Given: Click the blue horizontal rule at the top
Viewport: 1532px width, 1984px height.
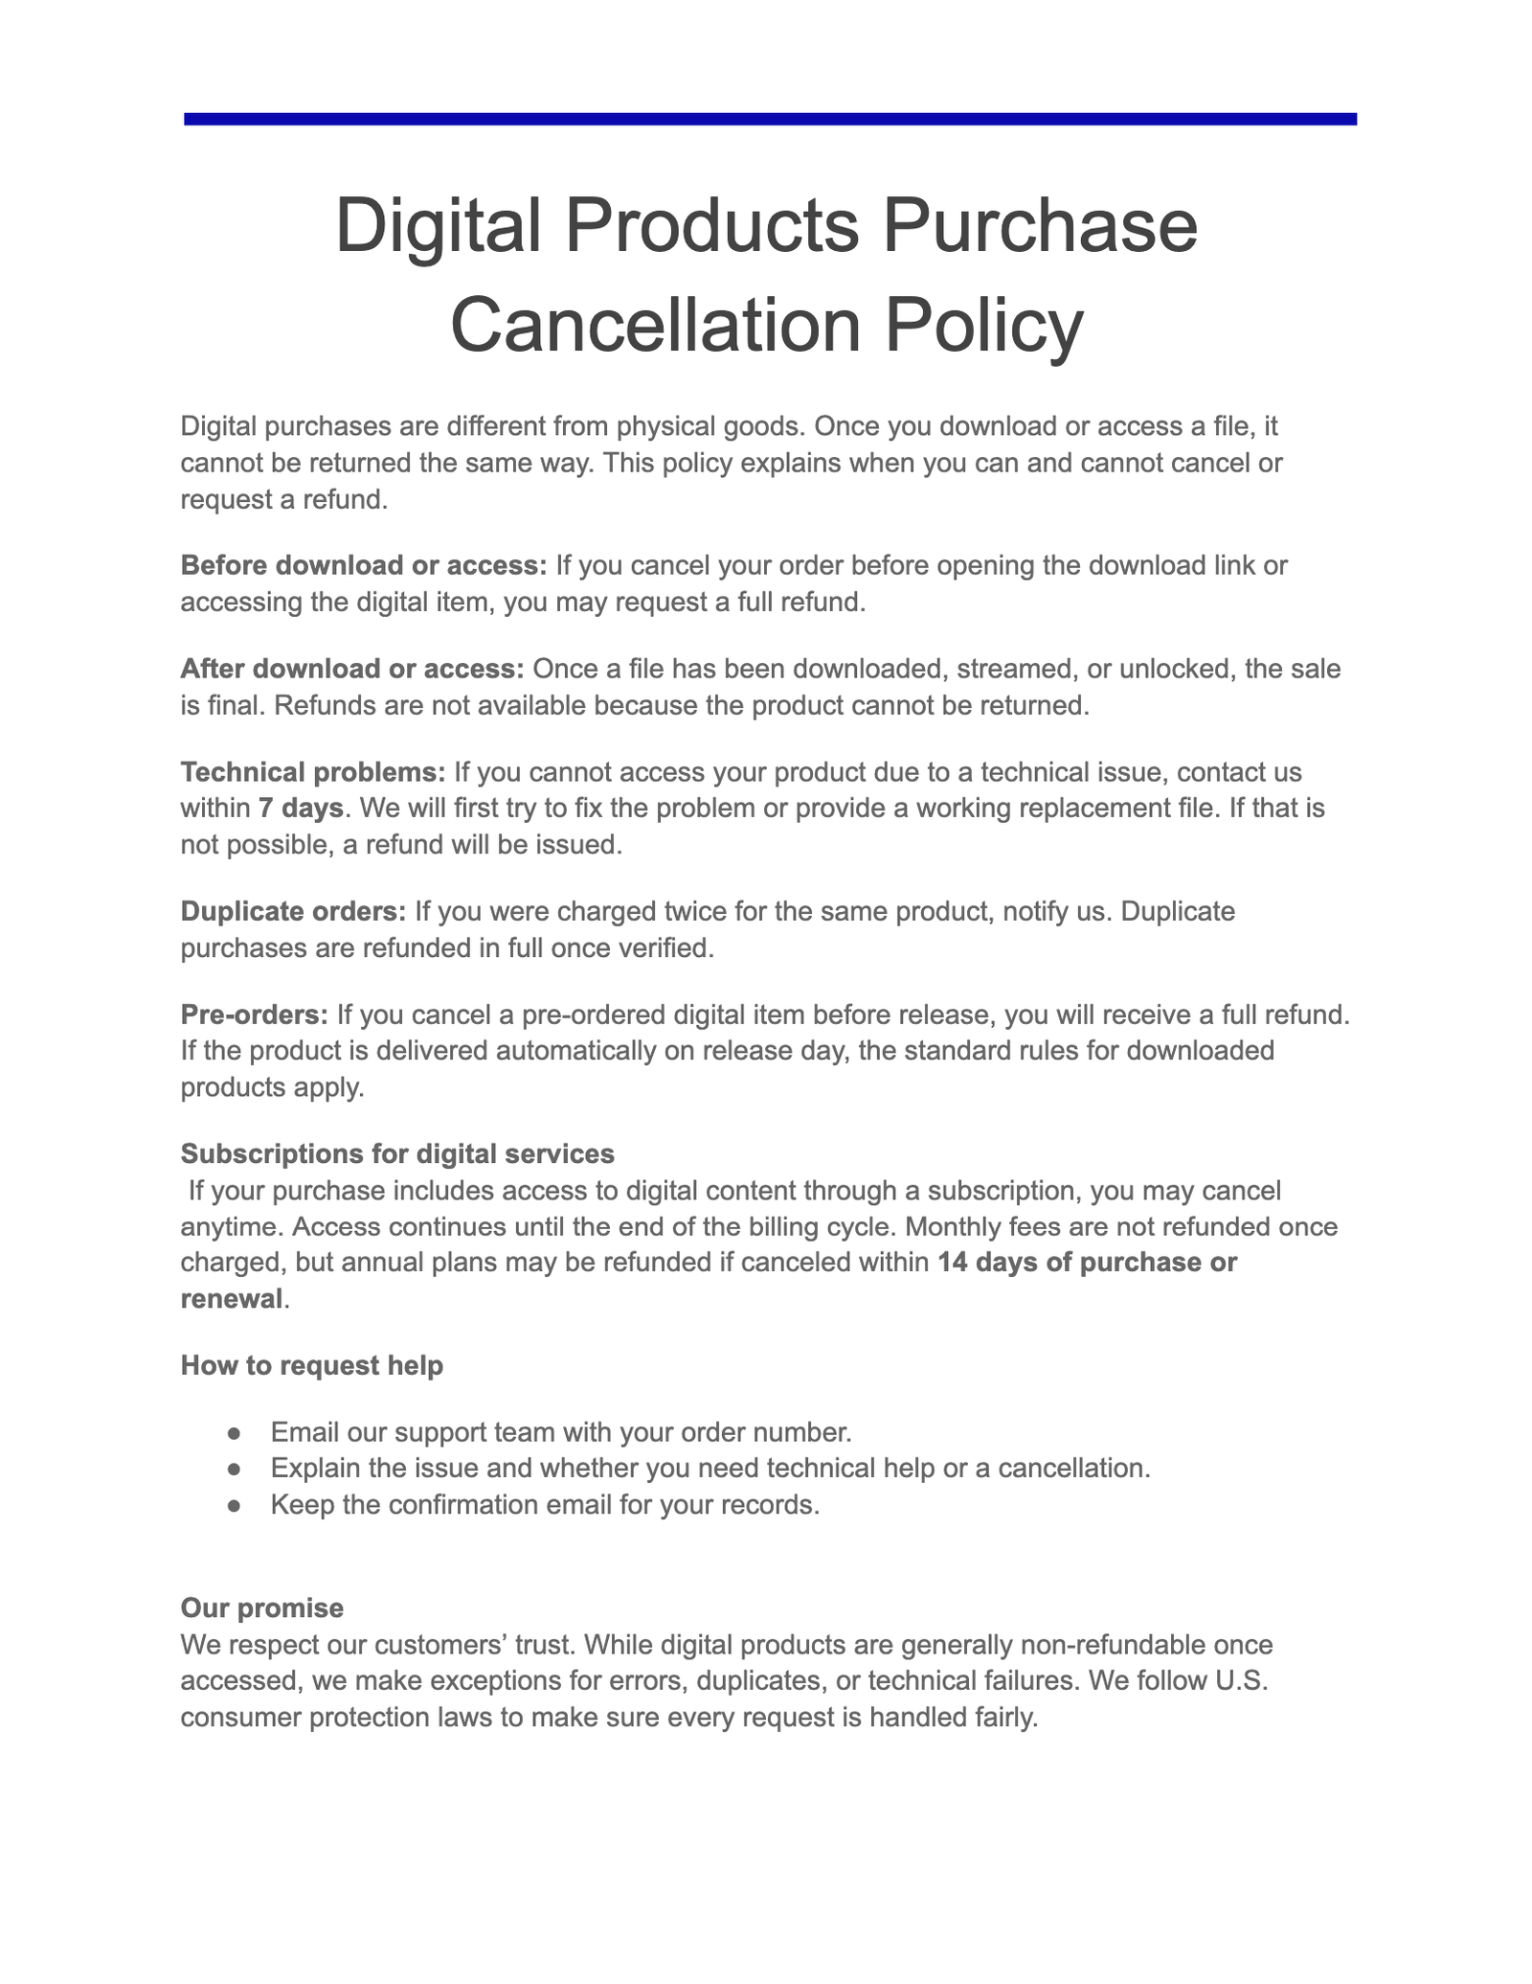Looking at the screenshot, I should tap(769, 119).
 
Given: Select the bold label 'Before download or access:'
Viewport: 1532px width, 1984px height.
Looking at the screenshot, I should tap(364, 565).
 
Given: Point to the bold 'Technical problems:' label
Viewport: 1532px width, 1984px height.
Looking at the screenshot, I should tap(313, 772).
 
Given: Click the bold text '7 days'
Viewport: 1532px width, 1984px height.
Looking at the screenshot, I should tap(301, 809).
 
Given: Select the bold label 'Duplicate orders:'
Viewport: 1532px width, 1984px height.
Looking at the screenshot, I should tap(293, 911).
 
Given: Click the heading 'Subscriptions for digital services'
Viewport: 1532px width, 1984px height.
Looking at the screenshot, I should tap(397, 1154).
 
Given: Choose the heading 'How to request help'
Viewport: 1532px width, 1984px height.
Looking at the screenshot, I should tap(312, 1366).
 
